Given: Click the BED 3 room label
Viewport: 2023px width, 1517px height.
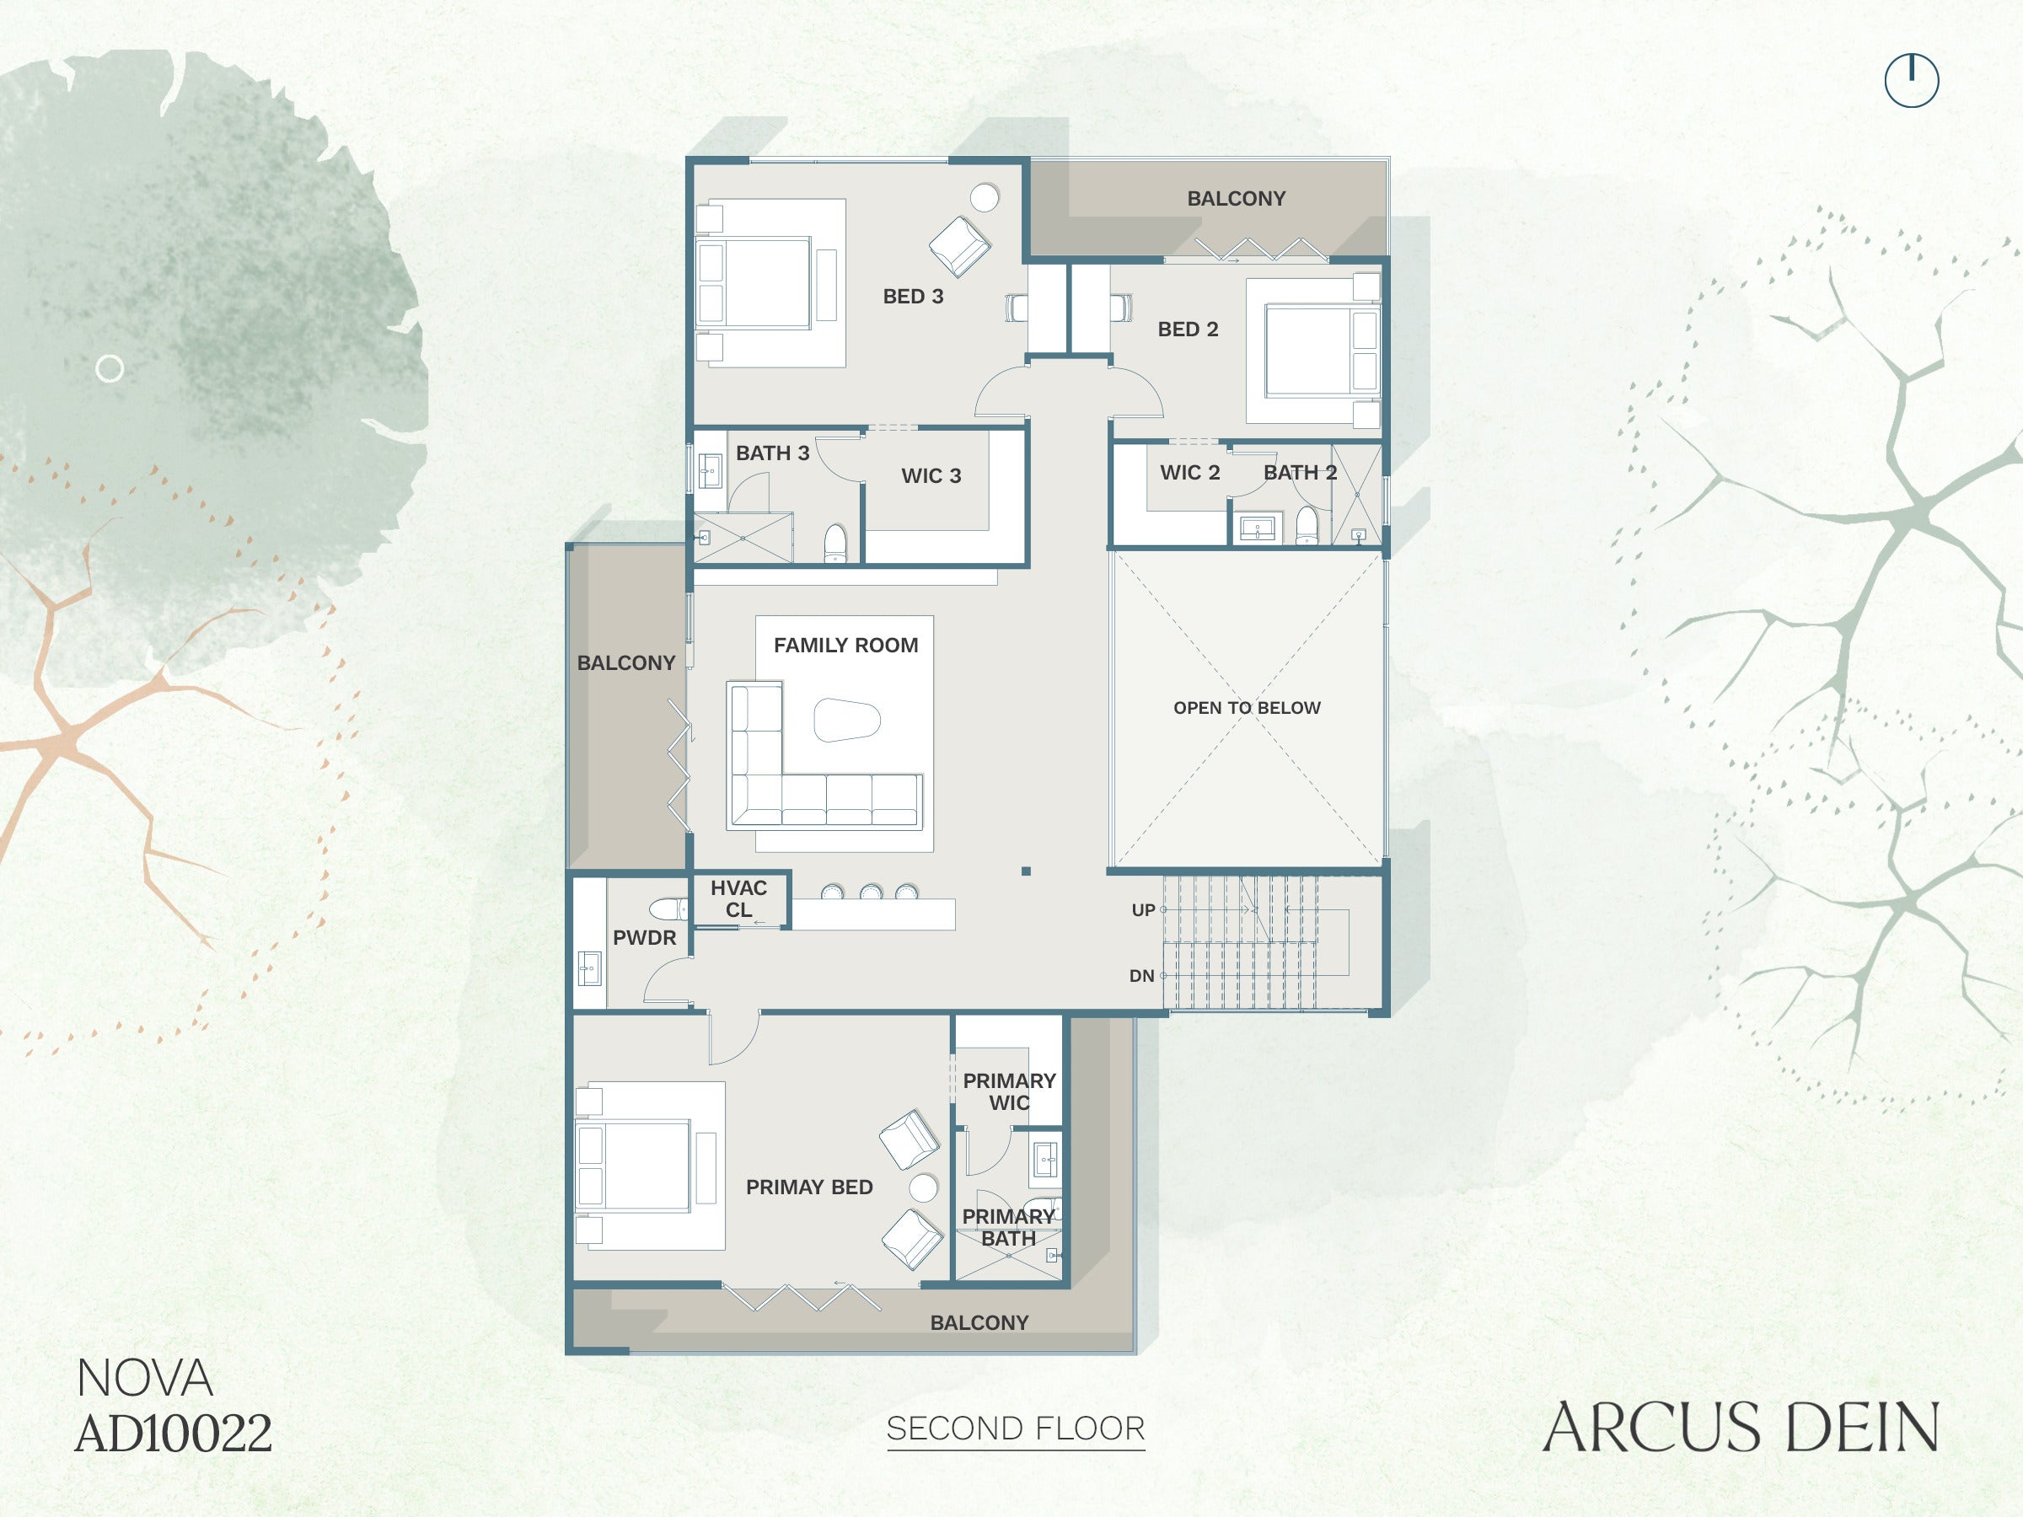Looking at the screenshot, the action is [x=913, y=297].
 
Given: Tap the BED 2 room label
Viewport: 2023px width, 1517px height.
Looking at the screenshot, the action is [x=1188, y=330].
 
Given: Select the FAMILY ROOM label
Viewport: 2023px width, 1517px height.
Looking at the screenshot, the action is [x=846, y=646].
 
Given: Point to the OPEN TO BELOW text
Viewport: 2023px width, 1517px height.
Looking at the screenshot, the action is [x=1247, y=708].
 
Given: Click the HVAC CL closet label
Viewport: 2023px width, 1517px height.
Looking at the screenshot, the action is [x=739, y=899].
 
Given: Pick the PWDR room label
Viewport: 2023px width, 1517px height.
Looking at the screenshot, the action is [x=645, y=937].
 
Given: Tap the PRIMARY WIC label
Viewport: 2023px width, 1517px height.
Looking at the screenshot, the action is [x=1009, y=1091].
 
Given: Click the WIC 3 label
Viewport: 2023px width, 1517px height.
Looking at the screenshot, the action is [x=931, y=475].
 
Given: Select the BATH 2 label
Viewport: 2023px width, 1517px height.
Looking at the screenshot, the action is [x=1300, y=473].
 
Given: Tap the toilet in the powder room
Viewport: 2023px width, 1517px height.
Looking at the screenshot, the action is [x=668, y=909].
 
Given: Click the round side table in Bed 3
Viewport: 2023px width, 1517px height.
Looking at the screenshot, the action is [x=984, y=196].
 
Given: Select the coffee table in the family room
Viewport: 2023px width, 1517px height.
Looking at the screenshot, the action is [x=847, y=720].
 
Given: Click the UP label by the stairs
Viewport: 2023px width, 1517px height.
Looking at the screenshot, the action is [x=1143, y=910].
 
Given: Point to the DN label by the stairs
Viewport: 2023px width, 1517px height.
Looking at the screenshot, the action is [x=1141, y=976].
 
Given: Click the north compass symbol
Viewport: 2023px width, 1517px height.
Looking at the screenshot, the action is [x=1912, y=80].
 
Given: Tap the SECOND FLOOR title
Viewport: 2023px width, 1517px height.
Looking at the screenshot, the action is [x=1015, y=1429].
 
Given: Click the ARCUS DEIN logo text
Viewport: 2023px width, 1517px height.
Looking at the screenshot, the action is [x=1741, y=1428].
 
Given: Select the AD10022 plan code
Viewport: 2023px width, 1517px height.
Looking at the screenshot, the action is [x=174, y=1433].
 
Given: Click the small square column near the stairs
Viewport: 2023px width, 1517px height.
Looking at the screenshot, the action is [x=1026, y=871].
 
